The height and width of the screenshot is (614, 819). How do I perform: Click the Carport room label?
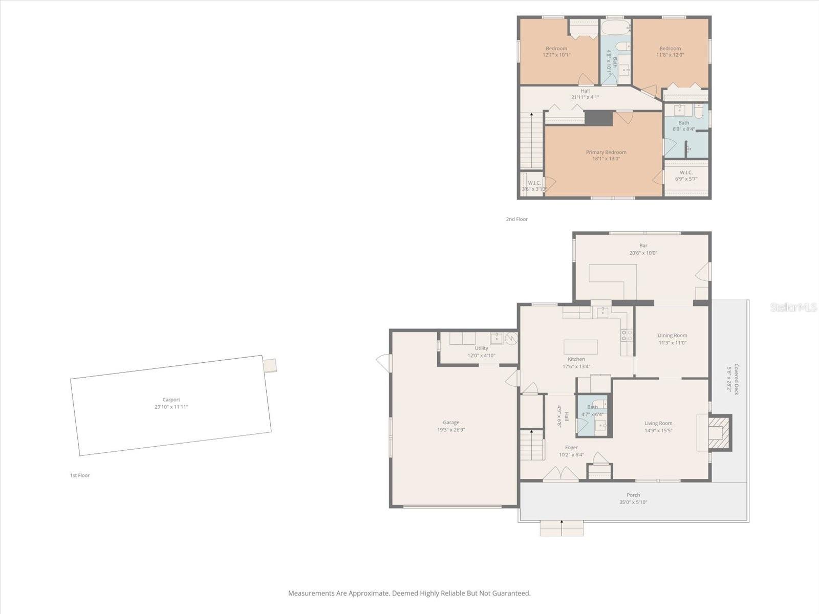click(171, 400)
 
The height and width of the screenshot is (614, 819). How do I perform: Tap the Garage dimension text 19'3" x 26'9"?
click(451, 430)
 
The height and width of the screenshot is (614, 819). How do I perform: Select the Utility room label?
click(481, 348)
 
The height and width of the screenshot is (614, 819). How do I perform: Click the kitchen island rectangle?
click(580, 347)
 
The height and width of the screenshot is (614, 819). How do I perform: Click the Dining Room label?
click(672, 336)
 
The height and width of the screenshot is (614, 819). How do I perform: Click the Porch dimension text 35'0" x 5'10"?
click(633, 502)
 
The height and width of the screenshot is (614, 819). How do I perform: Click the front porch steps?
click(562, 529)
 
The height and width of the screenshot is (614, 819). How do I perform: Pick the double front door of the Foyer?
click(561, 474)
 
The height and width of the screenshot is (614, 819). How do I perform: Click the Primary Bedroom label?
click(606, 152)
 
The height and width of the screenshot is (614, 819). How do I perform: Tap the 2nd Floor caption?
click(516, 219)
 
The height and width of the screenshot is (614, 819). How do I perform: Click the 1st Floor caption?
click(80, 475)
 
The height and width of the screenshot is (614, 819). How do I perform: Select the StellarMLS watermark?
click(793, 307)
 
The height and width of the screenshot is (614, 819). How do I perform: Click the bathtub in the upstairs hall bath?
click(615, 28)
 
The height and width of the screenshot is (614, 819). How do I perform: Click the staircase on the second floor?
click(532, 141)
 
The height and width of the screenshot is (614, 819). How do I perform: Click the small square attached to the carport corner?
click(270, 365)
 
